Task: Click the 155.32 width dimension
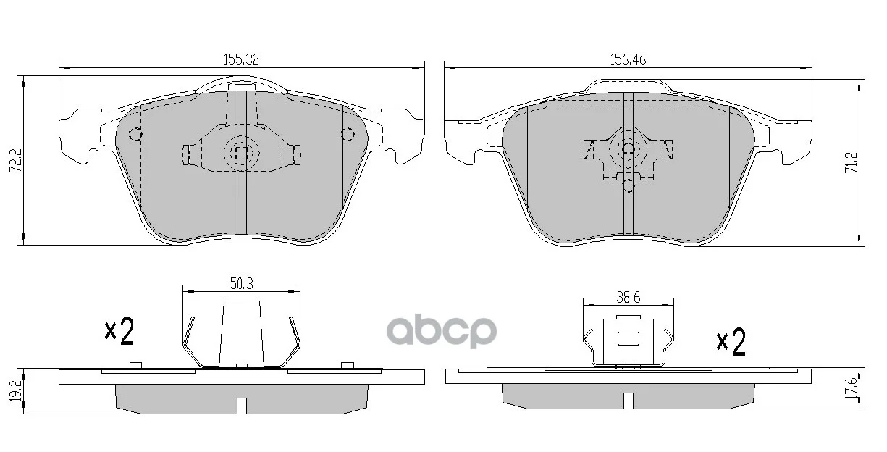[x=241, y=60]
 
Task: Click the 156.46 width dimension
[x=628, y=60]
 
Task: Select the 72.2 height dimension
[x=16, y=160]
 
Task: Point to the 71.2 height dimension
[x=851, y=162]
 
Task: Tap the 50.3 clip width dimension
[x=242, y=284]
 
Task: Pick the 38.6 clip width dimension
[x=629, y=297]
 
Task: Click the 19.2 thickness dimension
[x=16, y=391]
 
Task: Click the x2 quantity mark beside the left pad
[x=119, y=331]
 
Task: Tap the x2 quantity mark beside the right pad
[x=731, y=341]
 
